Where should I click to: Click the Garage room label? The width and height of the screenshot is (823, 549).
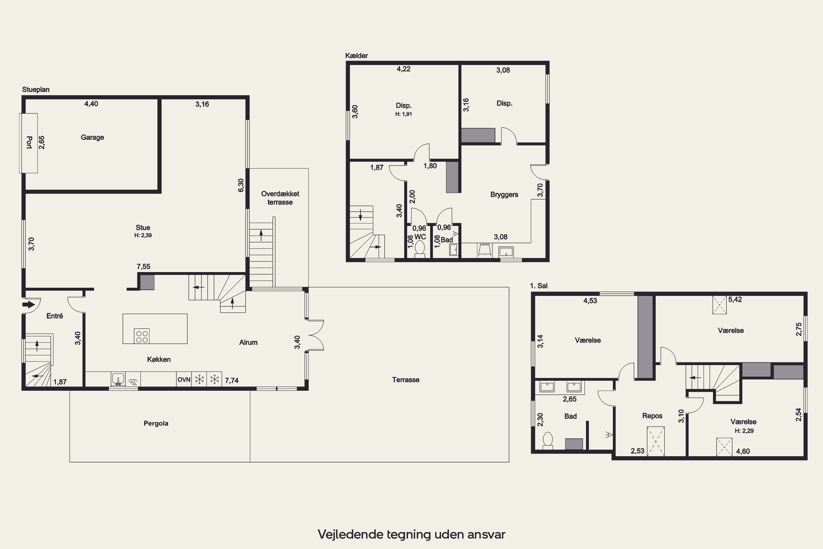coord(92,137)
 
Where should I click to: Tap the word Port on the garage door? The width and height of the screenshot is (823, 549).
coord(29,142)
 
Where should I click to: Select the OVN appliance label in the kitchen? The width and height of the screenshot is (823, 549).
coord(184,380)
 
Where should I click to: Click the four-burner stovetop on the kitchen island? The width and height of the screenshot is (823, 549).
coord(142,336)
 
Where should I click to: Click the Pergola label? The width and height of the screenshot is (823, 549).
coord(156,423)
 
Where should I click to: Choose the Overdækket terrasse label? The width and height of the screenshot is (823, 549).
coord(280,198)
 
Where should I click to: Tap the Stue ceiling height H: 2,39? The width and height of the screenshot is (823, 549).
coord(143,235)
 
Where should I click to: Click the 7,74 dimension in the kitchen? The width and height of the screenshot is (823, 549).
coord(232,380)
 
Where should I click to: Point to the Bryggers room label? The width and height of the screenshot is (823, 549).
coord(504,195)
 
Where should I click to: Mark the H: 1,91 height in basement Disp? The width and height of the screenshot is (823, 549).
coord(404,114)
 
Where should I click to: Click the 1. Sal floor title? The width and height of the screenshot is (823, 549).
coord(539,286)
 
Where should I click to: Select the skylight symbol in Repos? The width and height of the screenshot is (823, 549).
coord(656,441)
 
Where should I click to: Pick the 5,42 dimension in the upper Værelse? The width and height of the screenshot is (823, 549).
coord(735,299)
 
